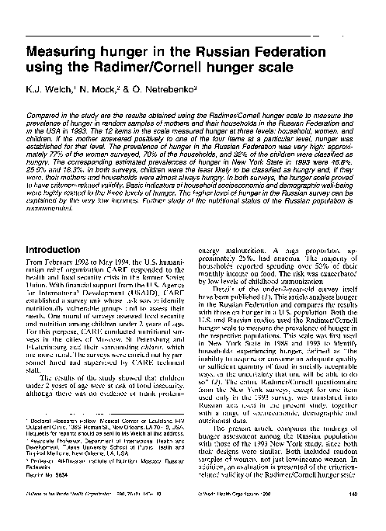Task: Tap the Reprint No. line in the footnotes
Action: [43, 500]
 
